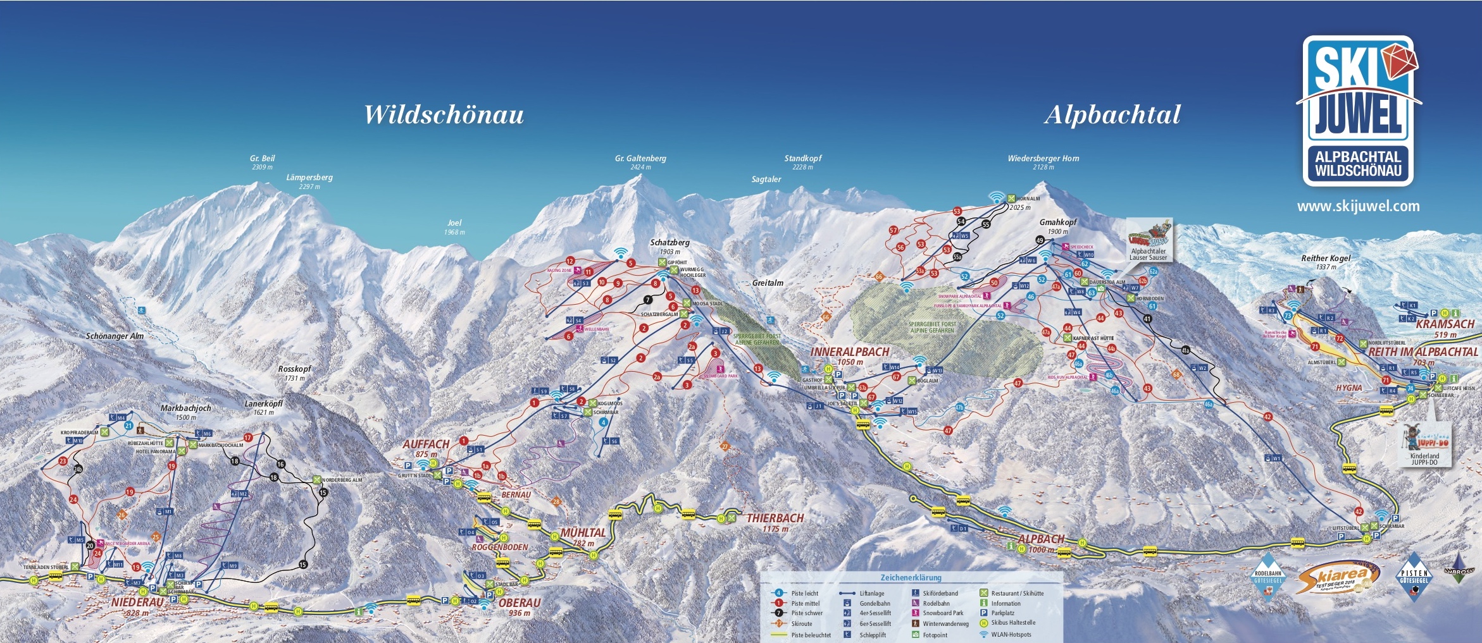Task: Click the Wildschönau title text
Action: (444, 115)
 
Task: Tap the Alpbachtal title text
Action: (1112, 115)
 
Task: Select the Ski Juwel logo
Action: (1358, 111)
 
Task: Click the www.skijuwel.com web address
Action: (1358, 206)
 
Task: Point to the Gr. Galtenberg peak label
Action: (640, 159)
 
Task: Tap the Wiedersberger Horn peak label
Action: (1043, 159)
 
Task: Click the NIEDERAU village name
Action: (137, 603)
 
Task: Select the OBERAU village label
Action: (519, 603)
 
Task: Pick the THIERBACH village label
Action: (775, 518)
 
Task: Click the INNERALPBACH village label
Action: (849, 352)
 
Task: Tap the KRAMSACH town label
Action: (1445, 324)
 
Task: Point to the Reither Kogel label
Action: (1325, 259)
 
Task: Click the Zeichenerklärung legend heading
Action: (911, 578)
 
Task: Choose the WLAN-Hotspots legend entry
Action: (1011, 635)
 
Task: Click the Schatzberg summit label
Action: (669, 243)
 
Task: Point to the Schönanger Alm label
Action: (115, 336)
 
